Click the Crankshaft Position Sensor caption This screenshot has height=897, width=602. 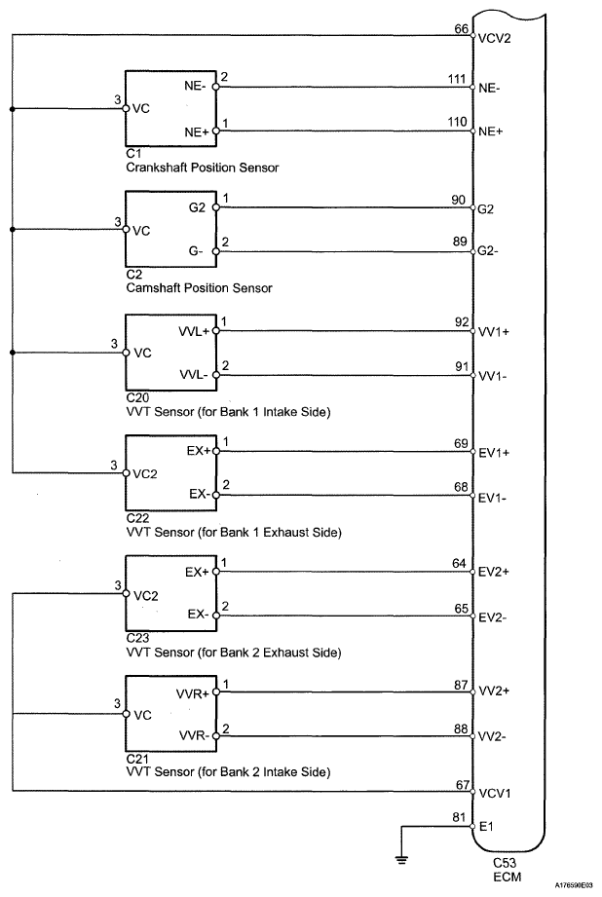point(202,168)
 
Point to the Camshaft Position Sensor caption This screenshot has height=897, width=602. point(199,287)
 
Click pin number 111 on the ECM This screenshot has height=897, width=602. point(457,79)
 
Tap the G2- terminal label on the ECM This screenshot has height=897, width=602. point(492,251)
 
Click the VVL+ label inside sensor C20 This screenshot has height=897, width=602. point(192,331)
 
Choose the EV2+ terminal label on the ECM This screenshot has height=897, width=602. point(494,572)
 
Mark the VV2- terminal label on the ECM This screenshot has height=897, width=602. point(493,737)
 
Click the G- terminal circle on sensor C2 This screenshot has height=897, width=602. point(216,251)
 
